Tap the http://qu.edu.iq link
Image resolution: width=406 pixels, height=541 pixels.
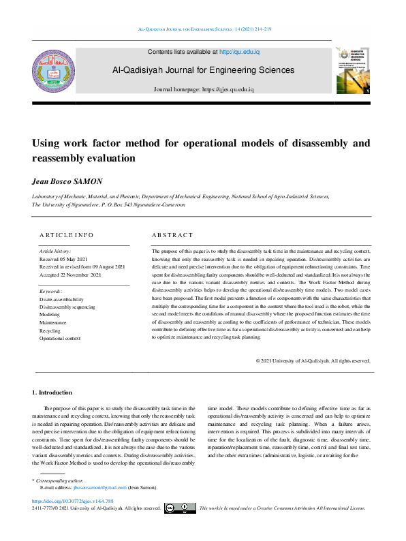pyautogui.click(x=239, y=52)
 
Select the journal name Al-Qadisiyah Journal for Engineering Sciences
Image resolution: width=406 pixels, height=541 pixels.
pyautogui.click(x=204, y=70)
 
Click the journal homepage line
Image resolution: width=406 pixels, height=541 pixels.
pyautogui.click(x=204, y=89)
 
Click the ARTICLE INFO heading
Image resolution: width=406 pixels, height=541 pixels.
pyautogui.click(x=67, y=235)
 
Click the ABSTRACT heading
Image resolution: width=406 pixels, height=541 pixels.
pyautogui.click(x=172, y=235)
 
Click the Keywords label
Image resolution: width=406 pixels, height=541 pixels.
pyautogui.click(x=52, y=292)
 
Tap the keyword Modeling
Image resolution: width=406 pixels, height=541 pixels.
pyautogui.click(x=50, y=315)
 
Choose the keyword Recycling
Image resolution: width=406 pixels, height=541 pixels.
pyautogui.click(x=50, y=330)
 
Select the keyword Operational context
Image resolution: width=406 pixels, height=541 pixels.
pyautogui.click(x=60, y=338)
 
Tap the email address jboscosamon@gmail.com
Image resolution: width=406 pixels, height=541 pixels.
pyautogui.click(x=101, y=488)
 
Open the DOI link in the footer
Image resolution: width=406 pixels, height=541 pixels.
pyautogui.click(x=63, y=501)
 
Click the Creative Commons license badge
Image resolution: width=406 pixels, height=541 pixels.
pyautogui.click(x=180, y=508)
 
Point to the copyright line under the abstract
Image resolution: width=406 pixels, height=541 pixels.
pyautogui.click(x=313, y=361)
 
